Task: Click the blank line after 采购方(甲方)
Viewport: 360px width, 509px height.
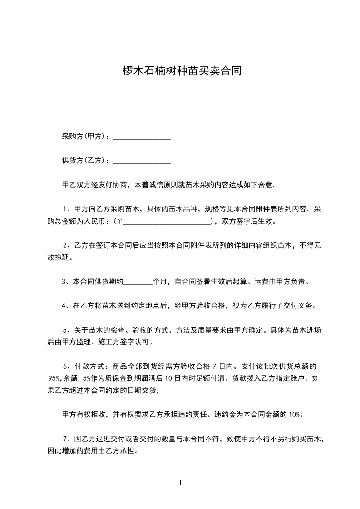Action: click(x=141, y=137)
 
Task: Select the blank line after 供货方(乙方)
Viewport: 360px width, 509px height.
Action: click(x=141, y=161)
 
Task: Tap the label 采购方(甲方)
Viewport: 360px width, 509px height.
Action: click(x=85, y=137)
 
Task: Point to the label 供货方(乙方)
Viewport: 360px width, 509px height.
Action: click(x=85, y=161)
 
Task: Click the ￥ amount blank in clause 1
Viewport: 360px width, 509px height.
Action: click(x=167, y=222)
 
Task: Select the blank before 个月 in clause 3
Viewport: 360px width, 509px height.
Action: click(x=138, y=282)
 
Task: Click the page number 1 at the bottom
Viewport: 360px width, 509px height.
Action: click(x=180, y=483)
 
